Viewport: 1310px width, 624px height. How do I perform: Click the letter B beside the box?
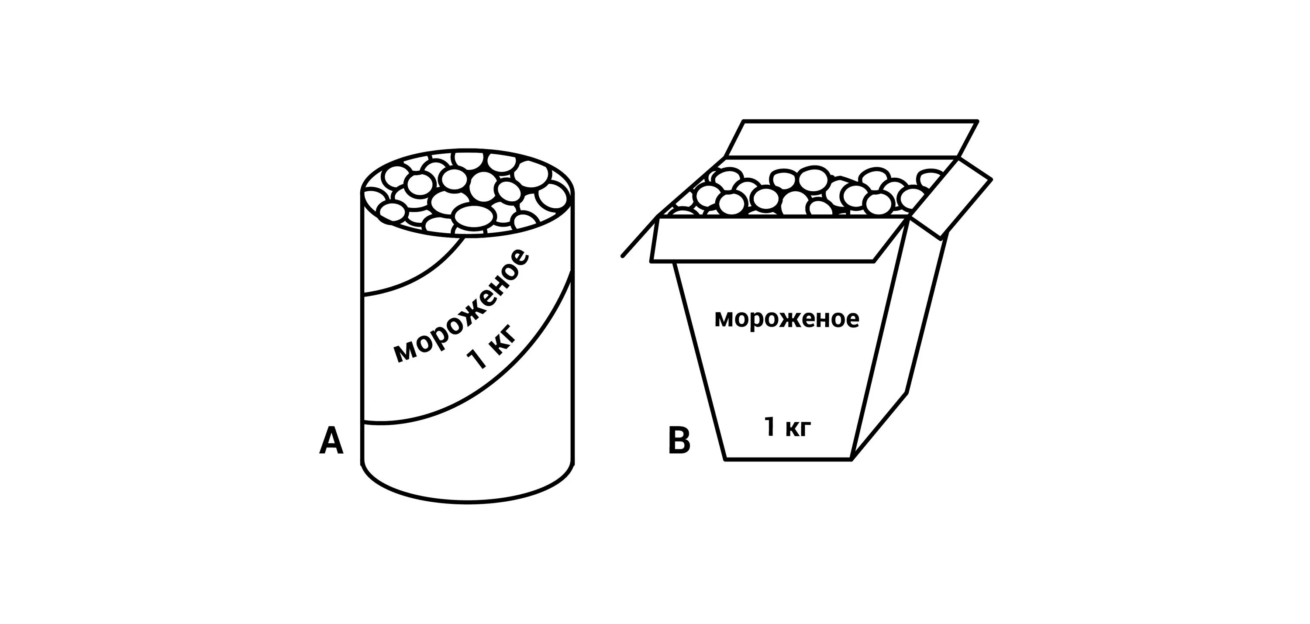[679, 441]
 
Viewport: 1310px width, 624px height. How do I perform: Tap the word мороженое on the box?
[787, 319]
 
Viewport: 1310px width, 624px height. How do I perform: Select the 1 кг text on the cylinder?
[492, 352]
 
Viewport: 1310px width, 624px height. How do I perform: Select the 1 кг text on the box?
[786, 427]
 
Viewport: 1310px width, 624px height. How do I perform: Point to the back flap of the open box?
[849, 138]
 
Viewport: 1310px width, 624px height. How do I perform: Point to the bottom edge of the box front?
[788, 459]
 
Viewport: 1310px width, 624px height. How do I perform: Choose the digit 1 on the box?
[769, 427]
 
